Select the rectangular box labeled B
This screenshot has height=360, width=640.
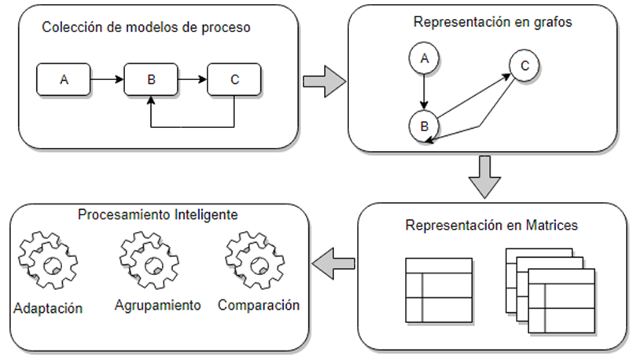151,79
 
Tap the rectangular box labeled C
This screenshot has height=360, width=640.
234,79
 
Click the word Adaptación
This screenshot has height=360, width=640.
49,307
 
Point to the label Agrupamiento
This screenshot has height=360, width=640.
157,304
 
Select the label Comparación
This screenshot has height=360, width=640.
259,304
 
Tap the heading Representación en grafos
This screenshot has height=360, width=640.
492,21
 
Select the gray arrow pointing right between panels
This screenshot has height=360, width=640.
325,82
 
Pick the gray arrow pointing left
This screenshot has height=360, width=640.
333,264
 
